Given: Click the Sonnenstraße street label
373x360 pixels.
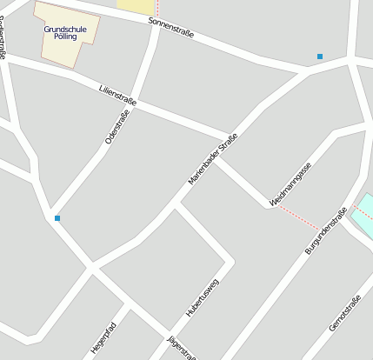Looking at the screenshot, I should tap(171, 28).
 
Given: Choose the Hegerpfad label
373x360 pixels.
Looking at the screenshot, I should tap(103, 338).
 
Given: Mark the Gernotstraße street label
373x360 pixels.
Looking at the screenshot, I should tap(345, 313).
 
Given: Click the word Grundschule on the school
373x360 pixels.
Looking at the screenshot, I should tap(65, 29).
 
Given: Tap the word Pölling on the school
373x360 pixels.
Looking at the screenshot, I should tap(65, 37).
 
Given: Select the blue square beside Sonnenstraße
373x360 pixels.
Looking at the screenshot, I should tap(320, 57).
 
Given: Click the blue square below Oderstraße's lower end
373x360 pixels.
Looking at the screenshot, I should tap(57, 217).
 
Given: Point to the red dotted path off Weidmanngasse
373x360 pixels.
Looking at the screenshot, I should tap(297, 217).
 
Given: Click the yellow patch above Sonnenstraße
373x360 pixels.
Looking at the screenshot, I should tap(136, 6).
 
